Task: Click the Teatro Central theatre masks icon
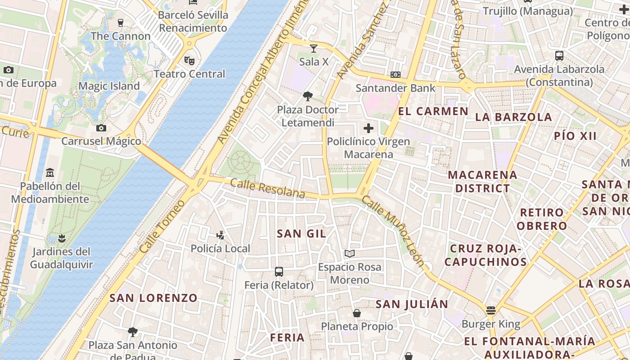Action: click(x=189, y=60)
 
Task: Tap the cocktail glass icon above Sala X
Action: click(x=314, y=48)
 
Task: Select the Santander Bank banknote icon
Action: click(x=396, y=74)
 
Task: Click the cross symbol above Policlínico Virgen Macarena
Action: click(x=369, y=128)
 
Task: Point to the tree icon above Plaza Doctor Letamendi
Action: click(x=308, y=96)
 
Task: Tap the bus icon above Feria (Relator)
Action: click(x=279, y=271)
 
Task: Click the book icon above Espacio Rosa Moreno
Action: click(x=350, y=253)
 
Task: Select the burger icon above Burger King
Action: click(x=491, y=310)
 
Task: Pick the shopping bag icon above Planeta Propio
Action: click(x=357, y=313)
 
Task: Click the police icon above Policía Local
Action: click(x=220, y=234)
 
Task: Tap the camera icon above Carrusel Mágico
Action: click(x=101, y=128)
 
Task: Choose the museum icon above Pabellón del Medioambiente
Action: click(x=50, y=172)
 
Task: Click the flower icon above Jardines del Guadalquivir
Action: click(x=62, y=238)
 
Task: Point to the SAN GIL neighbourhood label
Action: click(x=301, y=234)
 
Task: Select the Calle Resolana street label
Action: click(x=268, y=189)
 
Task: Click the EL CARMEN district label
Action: click(x=433, y=111)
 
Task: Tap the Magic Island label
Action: click(x=109, y=86)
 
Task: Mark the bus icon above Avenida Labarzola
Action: click(x=559, y=56)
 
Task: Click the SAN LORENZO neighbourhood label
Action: click(x=153, y=298)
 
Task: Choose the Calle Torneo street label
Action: click(x=162, y=226)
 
